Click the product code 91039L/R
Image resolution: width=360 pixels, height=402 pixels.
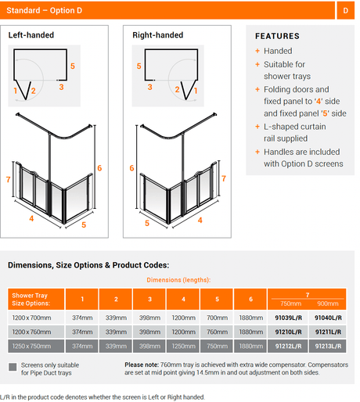(288, 318)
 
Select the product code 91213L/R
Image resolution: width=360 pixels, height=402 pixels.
(328, 346)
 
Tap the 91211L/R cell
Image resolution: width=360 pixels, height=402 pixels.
(328, 332)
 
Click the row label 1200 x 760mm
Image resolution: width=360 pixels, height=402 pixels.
(31, 332)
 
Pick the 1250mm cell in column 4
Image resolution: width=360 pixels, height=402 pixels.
(183, 346)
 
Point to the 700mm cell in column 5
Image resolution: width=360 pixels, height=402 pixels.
(217, 318)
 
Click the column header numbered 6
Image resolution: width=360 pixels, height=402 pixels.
(250, 299)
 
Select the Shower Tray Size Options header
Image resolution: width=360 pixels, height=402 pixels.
(31, 300)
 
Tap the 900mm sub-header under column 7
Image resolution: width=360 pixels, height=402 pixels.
(328, 303)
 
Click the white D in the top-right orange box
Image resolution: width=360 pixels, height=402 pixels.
(345, 10)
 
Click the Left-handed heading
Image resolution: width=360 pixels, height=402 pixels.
(31, 35)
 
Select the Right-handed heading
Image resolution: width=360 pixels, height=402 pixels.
(158, 35)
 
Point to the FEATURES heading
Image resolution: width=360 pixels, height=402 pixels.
(277, 36)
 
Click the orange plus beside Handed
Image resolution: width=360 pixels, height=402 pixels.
(257, 51)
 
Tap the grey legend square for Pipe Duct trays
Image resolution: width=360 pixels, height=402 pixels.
(13, 367)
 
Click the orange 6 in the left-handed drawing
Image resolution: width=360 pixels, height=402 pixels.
(99, 168)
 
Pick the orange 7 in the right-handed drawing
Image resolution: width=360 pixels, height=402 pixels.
(224, 178)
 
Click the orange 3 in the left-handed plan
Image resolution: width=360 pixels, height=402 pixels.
(61, 87)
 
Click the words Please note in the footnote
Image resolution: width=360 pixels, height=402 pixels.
(142, 364)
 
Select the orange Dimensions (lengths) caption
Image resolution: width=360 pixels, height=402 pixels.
(178, 280)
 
